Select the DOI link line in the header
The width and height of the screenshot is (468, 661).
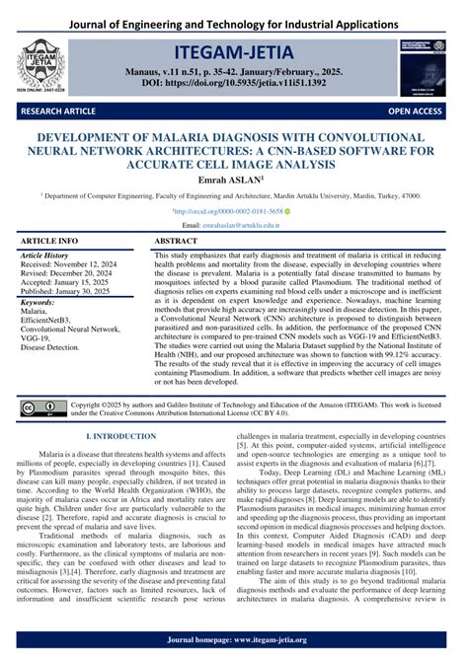click(234, 83)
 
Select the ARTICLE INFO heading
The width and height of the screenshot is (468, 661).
click(49, 241)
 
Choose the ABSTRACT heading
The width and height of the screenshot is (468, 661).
click(177, 241)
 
